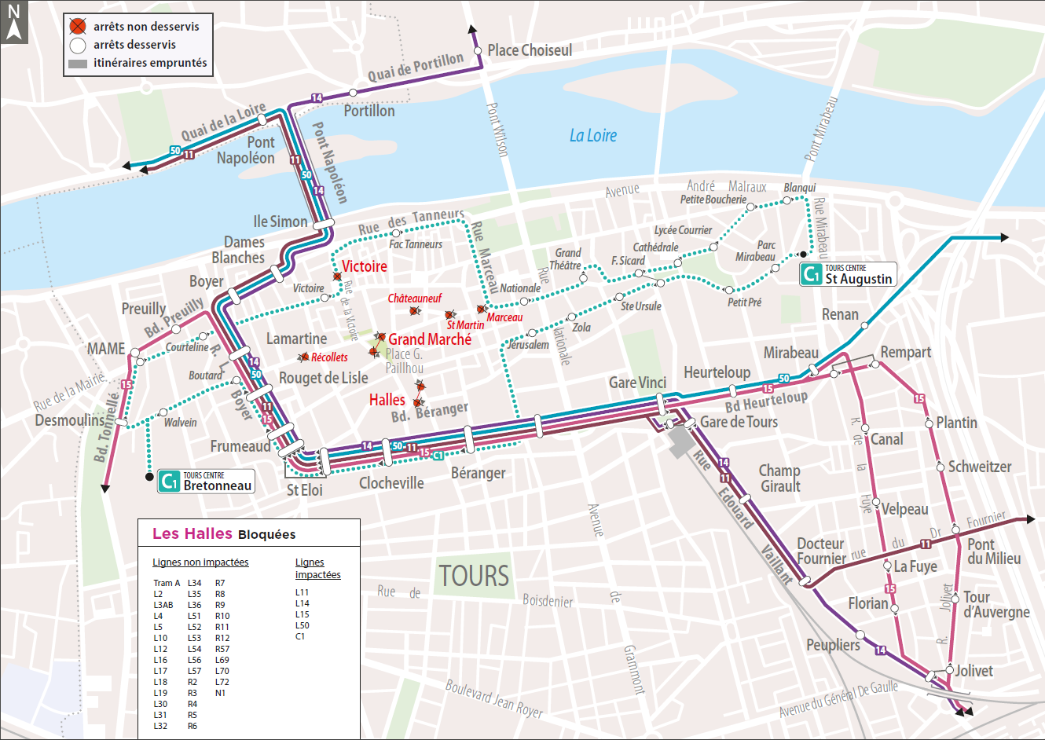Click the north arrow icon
tap(13, 22)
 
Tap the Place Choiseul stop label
tap(529, 50)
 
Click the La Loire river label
tap(593, 136)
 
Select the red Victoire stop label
tap(364, 266)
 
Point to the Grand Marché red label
tap(430, 339)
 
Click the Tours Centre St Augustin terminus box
tap(848, 274)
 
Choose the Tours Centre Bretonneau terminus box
tap(206, 481)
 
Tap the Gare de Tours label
tap(739, 422)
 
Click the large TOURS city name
tap(474, 576)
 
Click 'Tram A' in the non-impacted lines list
tap(167, 583)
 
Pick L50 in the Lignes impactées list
tap(302, 625)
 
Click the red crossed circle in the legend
tap(77, 27)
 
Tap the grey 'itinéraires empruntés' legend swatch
tap(78, 64)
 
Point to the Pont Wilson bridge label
tap(497, 130)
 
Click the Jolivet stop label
tap(973, 671)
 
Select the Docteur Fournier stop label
tap(821, 551)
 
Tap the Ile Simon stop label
tap(280, 222)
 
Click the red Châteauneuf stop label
tap(414, 299)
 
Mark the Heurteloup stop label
tap(717, 372)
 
